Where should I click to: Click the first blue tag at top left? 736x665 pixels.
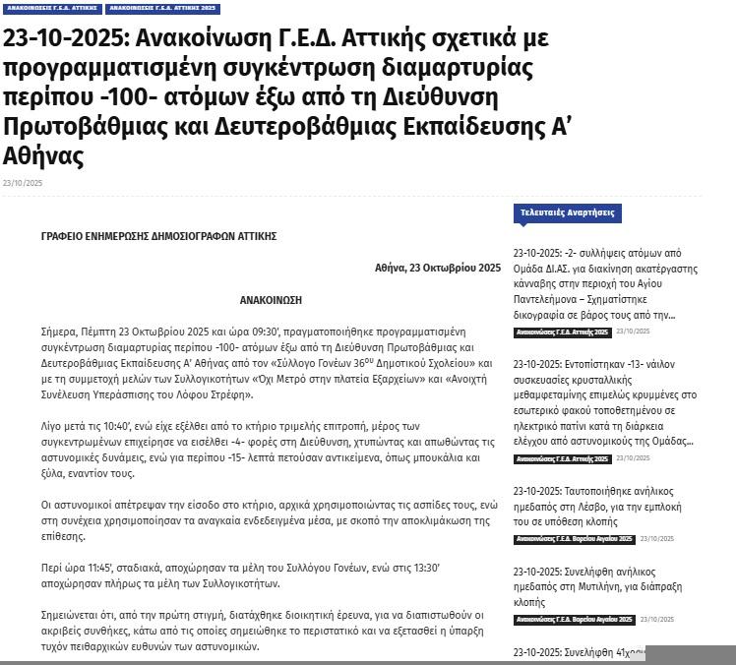(51, 9)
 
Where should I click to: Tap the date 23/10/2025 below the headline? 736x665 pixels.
(23, 183)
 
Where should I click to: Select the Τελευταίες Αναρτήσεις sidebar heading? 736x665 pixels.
(568, 212)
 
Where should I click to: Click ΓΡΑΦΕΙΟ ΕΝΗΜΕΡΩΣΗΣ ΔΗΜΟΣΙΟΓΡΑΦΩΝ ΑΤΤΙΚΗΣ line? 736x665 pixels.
(158, 237)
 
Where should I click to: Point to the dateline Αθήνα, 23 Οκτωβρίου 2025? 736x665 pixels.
(437, 268)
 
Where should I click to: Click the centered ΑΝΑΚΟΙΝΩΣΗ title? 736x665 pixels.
(271, 299)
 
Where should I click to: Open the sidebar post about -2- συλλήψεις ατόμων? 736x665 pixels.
(605, 283)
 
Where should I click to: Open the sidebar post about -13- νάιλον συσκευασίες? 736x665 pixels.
(605, 401)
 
